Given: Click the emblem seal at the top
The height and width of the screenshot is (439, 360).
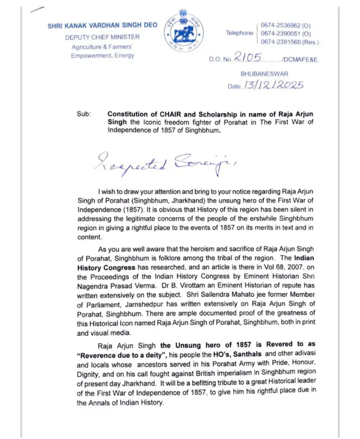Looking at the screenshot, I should pos(184,32).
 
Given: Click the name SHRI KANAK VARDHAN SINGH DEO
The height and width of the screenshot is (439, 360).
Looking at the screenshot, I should pos(102,26).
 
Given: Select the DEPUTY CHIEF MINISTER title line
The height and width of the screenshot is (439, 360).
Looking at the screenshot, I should pos(102,37).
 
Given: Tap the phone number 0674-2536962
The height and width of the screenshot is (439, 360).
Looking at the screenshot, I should pos(285,25).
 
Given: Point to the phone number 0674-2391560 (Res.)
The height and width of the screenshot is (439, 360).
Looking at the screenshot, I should pos(289,42).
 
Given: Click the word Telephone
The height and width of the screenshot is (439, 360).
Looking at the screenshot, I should pos(239,33).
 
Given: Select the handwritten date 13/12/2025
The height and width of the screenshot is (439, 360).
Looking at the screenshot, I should pos(274,85).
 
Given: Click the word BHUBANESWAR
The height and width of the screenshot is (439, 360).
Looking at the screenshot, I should pos(264,74).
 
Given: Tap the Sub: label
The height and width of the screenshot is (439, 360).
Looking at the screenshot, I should pos(83,114).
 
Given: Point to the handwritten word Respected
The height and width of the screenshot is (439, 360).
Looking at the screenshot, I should pos(130,162).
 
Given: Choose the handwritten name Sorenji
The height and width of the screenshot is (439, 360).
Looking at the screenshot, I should pos(203,162).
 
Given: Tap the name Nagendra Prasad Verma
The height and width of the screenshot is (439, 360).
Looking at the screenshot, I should pos(116,286).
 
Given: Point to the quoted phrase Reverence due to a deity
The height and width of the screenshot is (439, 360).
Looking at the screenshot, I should pos(122,355).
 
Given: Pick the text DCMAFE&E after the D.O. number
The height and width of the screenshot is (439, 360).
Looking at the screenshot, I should pos(301,60).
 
